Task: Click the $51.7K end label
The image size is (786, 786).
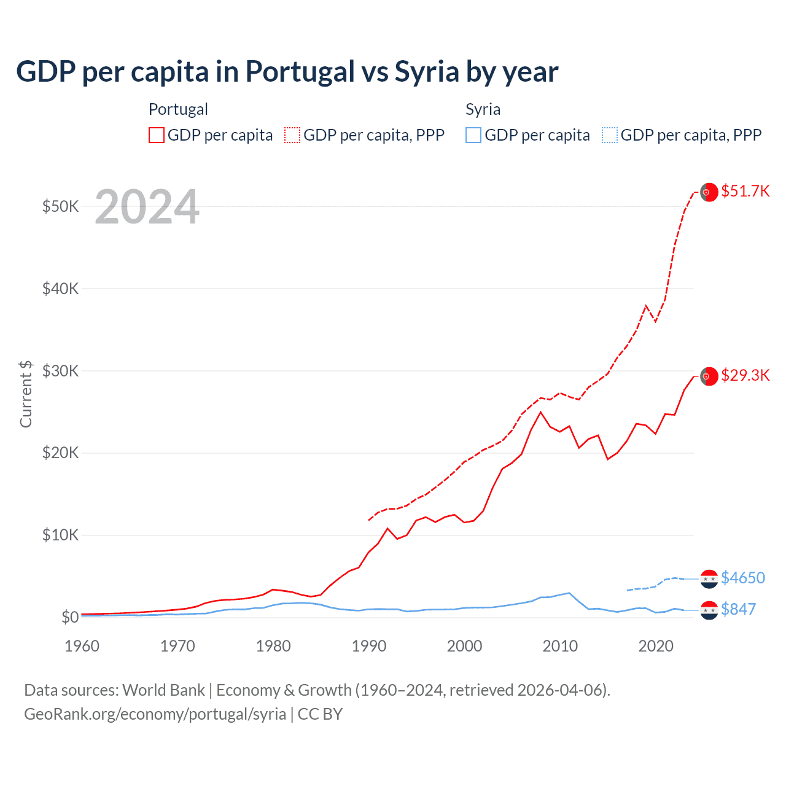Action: [745, 191]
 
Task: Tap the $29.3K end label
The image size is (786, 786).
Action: [745, 375]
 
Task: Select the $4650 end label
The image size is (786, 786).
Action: [743, 578]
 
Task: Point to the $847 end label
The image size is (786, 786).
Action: [738, 609]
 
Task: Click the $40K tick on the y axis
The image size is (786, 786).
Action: [60, 288]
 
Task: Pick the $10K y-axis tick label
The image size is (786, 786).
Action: [60, 535]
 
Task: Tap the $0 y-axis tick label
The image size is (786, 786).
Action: [69, 617]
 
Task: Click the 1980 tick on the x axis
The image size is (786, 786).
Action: [273, 646]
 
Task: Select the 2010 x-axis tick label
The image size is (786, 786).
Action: [560, 646]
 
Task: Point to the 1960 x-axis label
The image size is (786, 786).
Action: [82, 646]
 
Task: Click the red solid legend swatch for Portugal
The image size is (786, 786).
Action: [157, 135]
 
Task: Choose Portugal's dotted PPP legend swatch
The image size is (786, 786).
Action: [292, 135]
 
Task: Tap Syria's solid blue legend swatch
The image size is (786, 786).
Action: [473, 135]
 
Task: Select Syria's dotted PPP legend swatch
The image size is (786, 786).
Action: [610, 135]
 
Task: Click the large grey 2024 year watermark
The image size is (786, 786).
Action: [147, 207]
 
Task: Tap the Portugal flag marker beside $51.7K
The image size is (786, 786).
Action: [709, 192]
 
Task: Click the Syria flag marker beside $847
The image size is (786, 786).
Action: [709, 610]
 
